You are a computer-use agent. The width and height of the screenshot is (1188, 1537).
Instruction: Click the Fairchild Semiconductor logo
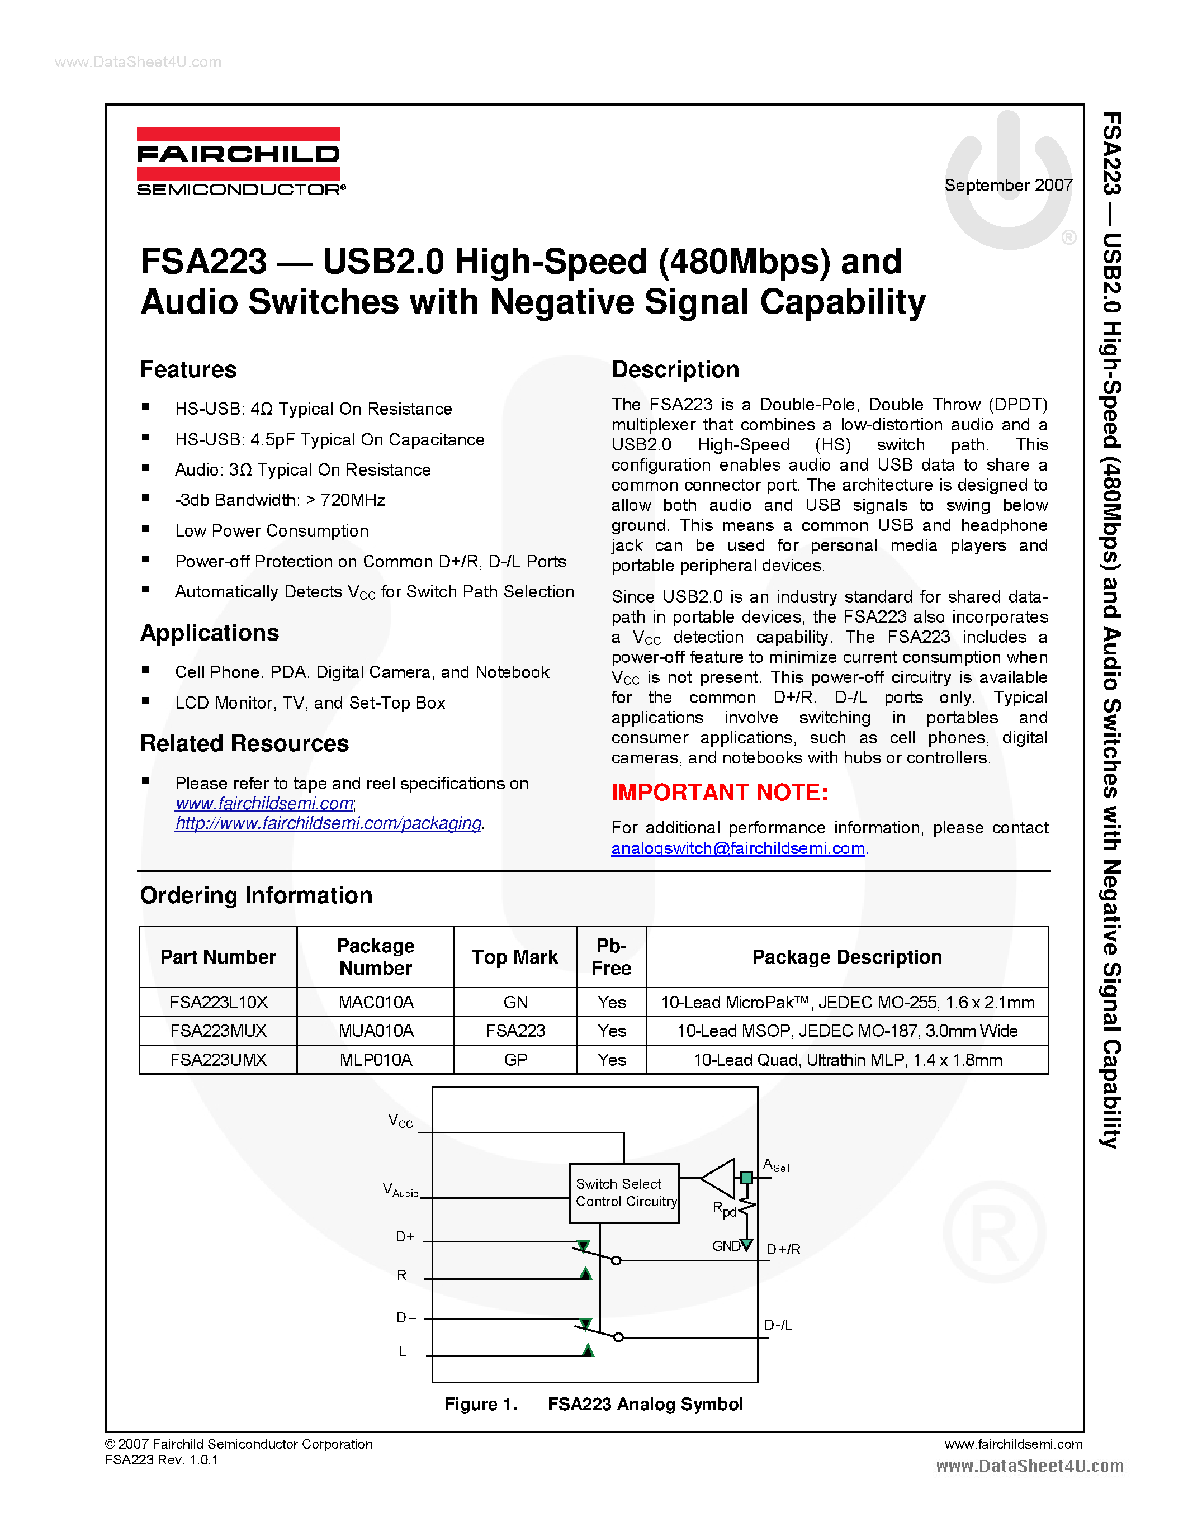click(239, 161)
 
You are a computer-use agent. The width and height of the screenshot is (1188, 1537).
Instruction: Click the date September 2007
click(1008, 185)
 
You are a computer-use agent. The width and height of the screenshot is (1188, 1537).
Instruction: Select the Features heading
click(188, 369)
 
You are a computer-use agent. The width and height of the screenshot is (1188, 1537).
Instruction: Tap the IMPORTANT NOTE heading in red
click(720, 793)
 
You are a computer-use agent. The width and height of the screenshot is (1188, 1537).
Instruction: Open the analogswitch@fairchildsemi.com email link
click(737, 849)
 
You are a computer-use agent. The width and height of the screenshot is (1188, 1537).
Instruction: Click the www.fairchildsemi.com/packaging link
click(328, 823)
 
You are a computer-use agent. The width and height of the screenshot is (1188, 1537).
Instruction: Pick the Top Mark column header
click(514, 957)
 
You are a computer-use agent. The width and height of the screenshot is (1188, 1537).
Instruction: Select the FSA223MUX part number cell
click(218, 1031)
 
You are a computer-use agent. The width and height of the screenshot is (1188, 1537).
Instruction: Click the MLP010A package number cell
click(375, 1060)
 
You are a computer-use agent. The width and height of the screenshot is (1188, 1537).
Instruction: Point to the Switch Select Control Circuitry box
click(624, 1193)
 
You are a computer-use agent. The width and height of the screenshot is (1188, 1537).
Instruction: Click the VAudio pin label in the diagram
click(400, 1190)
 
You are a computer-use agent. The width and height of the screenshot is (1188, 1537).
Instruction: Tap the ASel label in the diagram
click(775, 1165)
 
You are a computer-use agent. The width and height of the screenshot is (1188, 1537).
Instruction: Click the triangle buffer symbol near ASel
click(721, 1178)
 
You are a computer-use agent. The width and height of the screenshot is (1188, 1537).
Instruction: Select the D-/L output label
click(778, 1325)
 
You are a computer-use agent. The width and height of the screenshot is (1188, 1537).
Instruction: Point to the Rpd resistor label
click(724, 1209)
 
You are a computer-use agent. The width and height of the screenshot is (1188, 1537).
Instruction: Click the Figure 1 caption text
click(593, 1404)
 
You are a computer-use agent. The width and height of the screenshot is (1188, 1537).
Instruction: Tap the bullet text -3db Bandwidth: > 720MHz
click(280, 500)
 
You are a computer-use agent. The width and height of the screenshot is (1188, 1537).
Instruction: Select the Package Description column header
click(846, 957)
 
